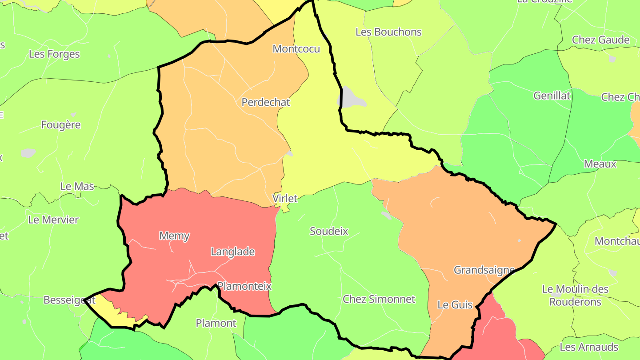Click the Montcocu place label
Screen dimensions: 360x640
pos(296,49)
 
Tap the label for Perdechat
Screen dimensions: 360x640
pos(265,102)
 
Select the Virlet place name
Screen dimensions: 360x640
pos(284,198)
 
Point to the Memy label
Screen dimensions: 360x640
pos(174,236)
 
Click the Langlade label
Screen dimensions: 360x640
pos(232,252)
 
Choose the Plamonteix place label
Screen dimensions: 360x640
pos(244,286)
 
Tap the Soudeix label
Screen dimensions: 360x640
pos(329,231)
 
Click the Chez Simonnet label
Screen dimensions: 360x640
pos(379,299)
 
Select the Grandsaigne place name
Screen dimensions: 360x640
pos(484,270)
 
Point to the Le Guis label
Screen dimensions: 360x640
pos(455,305)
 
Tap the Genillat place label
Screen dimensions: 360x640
pos(552,96)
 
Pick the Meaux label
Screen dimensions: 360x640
pos(600,164)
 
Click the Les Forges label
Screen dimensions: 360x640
pos(54,54)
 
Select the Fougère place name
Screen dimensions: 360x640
pos(61,125)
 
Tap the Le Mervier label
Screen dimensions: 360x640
pos(53,220)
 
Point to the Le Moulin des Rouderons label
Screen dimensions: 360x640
pos(575,296)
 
